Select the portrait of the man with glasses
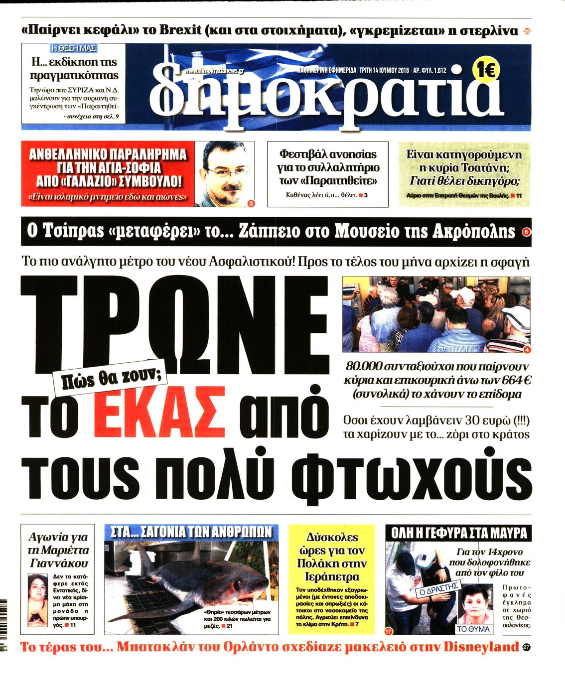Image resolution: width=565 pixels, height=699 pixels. point(224,173)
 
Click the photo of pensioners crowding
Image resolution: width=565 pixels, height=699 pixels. point(436,314)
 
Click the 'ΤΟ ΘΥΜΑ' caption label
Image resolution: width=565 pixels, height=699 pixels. point(473,629)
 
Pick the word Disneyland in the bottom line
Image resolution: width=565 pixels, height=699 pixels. point(481,647)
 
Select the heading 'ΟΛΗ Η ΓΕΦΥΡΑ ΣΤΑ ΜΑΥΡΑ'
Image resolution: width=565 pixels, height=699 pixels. point(459,533)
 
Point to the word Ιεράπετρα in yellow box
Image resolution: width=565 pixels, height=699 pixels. point(331,576)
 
